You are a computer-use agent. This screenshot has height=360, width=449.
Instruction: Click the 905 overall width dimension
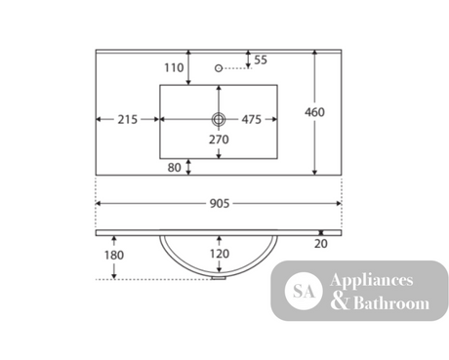point(220,204)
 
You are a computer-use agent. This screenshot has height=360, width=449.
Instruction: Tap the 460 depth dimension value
point(314,112)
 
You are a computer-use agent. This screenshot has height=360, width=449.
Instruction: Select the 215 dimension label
point(128,119)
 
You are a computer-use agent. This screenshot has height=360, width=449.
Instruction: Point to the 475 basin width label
point(252,119)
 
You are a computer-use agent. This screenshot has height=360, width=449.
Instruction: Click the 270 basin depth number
point(219,140)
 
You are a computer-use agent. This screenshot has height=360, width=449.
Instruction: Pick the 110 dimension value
point(174,67)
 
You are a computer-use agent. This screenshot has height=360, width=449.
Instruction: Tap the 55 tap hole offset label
point(261,60)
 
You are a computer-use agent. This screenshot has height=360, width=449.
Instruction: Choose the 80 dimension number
point(175,168)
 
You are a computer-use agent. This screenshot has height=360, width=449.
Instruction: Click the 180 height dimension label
point(114,255)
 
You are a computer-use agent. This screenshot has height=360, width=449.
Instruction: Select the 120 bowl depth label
point(220,254)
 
